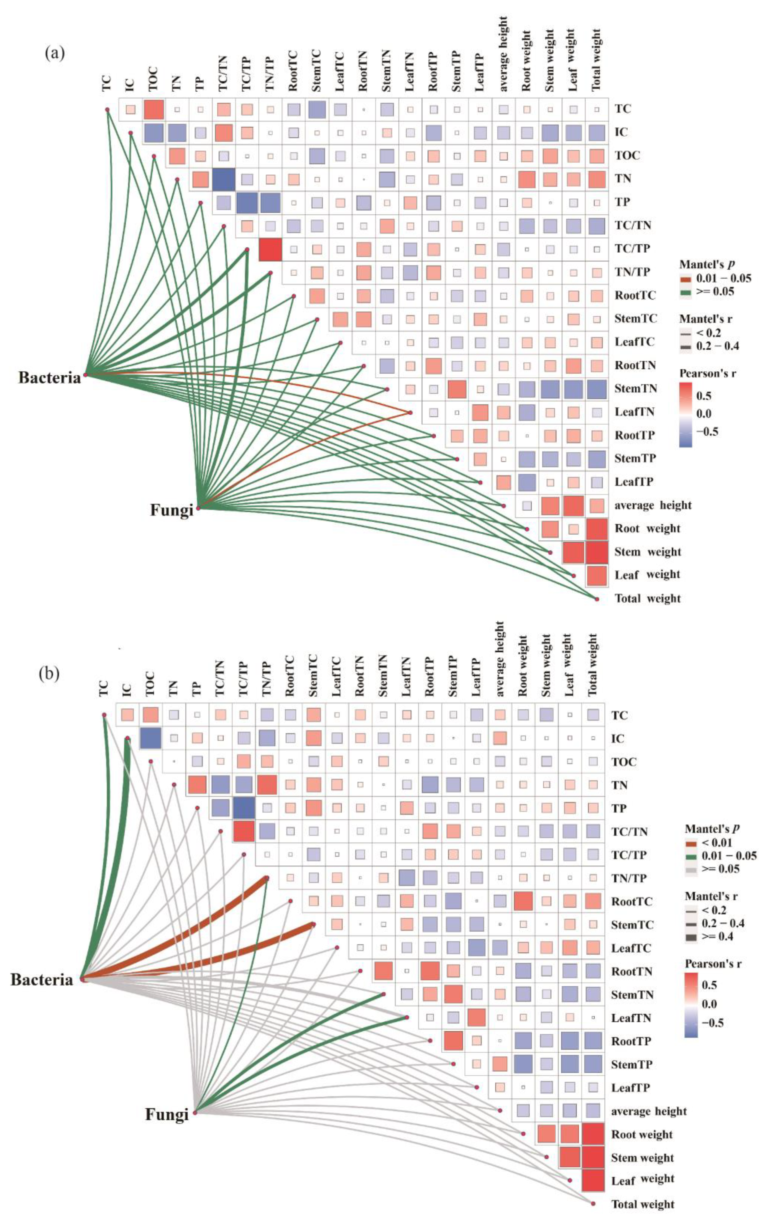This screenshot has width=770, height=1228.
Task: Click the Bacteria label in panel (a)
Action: (x=49, y=378)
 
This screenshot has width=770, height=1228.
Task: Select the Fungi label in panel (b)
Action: (x=167, y=1114)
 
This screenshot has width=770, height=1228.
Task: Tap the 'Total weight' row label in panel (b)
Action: (x=643, y=1204)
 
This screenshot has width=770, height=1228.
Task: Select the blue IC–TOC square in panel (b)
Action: (x=151, y=738)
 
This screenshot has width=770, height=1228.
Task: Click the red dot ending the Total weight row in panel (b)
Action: (x=593, y=1204)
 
